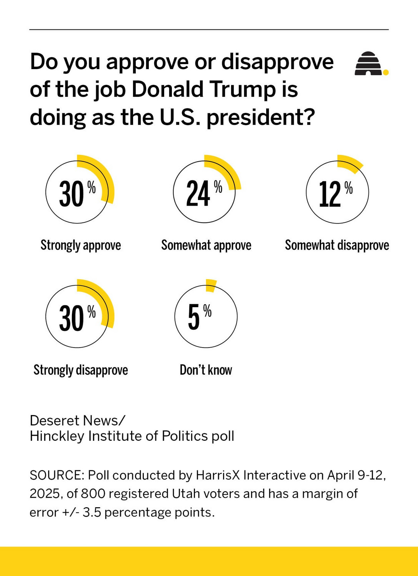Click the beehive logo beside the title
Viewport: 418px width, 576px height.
pyautogui.click(x=368, y=64)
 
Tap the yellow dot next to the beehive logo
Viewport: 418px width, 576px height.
pyautogui.click(x=386, y=72)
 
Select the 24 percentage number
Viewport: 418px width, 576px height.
pyautogui.click(x=198, y=194)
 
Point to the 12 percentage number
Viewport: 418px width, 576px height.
pyautogui.click(x=330, y=194)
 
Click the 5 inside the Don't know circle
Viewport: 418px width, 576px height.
pyautogui.click(x=194, y=317)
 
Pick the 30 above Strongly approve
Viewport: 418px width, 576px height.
pyautogui.click(x=71, y=194)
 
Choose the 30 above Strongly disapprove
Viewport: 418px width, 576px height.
pyautogui.click(x=71, y=318)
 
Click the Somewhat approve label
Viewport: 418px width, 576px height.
pyautogui.click(x=206, y=245)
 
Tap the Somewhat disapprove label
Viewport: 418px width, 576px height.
pyautogui.click(x=337, y=245)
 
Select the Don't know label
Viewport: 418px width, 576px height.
pyautogui.click(x=206, y=370)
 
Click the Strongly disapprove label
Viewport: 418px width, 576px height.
pyautogui.click(x=81, y=370)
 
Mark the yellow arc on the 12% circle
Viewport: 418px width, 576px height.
pyautogui.click(x=350, y=162)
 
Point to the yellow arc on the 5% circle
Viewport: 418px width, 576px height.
pyautogui.click(x=211, y=285)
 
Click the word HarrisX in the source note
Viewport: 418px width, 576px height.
pyautogui.click(x=218, y=475)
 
